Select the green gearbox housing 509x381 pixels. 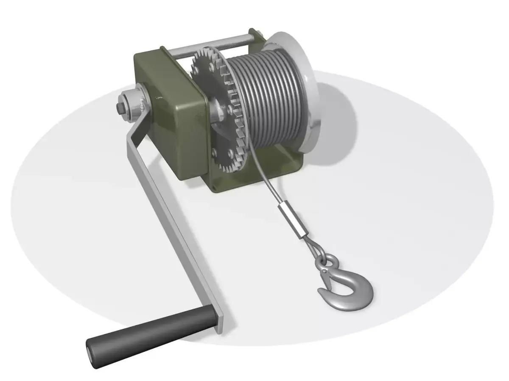[170, 114]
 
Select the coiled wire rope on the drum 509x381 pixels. [271, 97]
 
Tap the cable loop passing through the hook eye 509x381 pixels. [316, 248]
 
